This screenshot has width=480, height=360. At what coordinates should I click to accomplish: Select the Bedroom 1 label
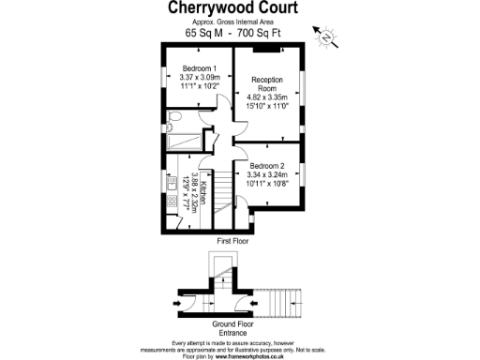click(200, 68)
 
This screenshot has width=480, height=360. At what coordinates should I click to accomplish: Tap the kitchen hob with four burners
click(172, 200)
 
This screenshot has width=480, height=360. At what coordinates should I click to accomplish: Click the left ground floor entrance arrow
click(179, 305)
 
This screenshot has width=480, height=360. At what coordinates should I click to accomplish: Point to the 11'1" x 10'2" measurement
click(200, 87)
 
